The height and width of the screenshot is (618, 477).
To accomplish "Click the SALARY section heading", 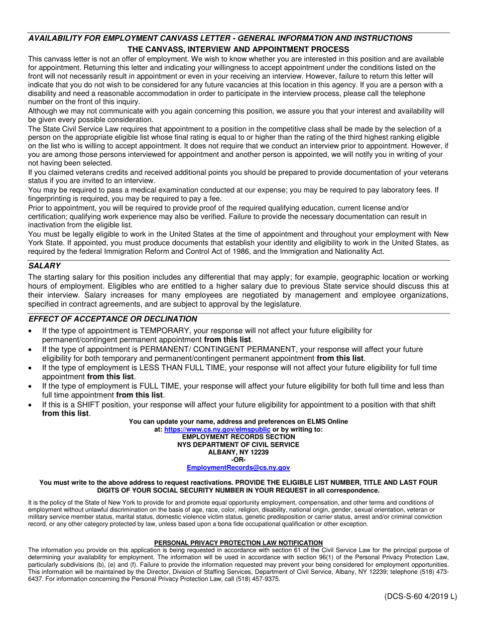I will pyautogui.click(x=44, y=266).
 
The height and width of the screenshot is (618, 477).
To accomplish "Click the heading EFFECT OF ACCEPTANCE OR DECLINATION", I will pyautogui.click(x=112, y=319).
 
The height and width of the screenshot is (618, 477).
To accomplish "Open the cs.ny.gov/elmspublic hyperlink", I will pyautogui.click(x=217, y=430).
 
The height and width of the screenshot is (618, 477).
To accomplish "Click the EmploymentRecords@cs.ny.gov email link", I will pyautogui.click(x=238, y=467).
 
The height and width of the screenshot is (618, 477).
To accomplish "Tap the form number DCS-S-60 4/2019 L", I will pyautogui.click(x=421, y=596).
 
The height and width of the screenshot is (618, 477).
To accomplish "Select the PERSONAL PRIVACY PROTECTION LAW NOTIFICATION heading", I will pyautogui.click(x=238, y=543).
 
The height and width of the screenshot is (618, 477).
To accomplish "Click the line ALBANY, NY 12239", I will pyautogui.click(x=238, y=452).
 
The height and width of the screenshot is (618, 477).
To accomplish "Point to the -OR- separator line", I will pyautogui.click(x=238, y=460).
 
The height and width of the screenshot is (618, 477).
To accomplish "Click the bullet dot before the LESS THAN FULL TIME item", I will pyautogui.click(x=32, y=368).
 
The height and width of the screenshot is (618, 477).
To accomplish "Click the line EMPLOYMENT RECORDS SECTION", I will pyautogui.click(x=238, y=437).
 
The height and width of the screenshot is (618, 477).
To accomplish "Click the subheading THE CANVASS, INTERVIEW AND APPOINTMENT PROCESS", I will pyautogui.click(x=238, y=49).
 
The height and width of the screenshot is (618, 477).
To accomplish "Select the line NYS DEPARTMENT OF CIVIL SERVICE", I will pyautogui.click(x=238, y=445).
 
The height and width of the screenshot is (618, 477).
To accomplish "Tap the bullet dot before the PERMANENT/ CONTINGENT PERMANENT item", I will pyautogui.click(x=32, y=350).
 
